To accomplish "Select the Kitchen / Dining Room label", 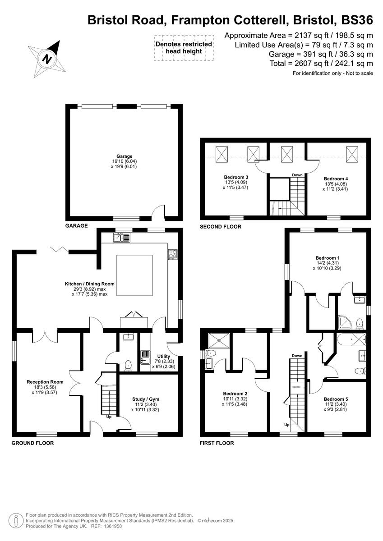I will [89, 284].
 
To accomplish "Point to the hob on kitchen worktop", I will [173, 254].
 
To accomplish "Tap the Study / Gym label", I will [145, 399].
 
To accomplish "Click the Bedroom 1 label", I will [328, 258].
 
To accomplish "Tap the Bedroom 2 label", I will [235, 393].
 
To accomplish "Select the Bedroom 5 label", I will [336, 399].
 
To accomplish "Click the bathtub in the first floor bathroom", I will [349, 339].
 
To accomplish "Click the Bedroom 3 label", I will [236, 177].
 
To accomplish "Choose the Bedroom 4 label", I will [336, 179].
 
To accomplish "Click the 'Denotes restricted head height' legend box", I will [183, 48].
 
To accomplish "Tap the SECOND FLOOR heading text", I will [220, 227].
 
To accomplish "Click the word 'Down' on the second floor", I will [297, 175].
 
